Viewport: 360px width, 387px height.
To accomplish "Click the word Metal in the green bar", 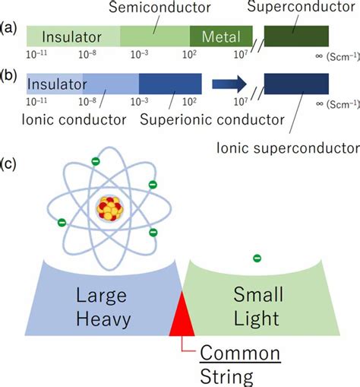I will coord(223,36).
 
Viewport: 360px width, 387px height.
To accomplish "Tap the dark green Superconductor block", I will coord(296,36).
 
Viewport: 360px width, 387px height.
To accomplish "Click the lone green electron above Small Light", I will coord(257,259).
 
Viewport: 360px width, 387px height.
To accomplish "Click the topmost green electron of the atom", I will coord(95,160).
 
